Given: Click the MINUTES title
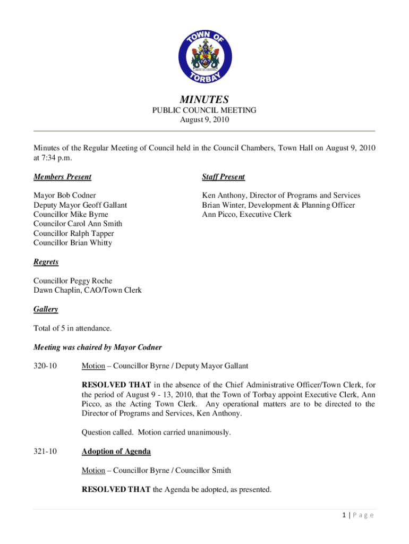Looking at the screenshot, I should (204, 99).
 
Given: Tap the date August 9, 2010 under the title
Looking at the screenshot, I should (204, 120).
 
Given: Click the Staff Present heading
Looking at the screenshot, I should (223, 177).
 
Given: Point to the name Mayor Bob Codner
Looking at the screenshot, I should (65, 195).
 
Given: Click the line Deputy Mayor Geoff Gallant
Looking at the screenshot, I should (80, 205).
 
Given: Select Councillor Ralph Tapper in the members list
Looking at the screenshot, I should (73, 233).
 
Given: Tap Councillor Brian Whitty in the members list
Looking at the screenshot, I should (73, 243).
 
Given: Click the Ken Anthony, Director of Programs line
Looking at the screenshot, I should (281, 195).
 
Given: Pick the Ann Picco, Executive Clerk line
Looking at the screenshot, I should (246, 215).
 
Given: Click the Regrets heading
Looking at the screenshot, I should (46, 262).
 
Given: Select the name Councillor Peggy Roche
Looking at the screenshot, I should (73, 280).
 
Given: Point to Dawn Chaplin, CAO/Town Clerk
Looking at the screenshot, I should (87, 290).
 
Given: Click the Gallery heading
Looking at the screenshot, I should (46, 309).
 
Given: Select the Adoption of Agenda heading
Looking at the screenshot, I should (116, 452).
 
